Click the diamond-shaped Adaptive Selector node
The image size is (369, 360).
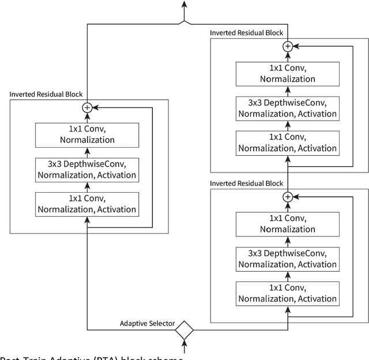point(184,330)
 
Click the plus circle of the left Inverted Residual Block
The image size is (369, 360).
point(88,107)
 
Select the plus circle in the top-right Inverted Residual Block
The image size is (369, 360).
point(287,46)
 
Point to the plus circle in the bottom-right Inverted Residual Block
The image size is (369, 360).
point(287,197)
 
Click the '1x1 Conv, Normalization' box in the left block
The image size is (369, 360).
point(88,134)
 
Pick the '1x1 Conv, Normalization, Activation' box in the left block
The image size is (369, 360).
point(88,204)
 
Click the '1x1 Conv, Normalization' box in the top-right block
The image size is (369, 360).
point(287,73)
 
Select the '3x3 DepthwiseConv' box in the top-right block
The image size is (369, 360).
point(287,108)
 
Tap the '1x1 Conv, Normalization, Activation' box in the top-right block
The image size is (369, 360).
point(287,142)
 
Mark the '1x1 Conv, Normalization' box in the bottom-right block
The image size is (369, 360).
point(287,224)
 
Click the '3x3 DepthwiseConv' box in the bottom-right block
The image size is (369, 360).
point(287,259)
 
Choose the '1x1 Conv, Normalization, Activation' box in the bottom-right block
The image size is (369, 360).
point(287,294)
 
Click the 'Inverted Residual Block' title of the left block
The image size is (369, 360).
point(46,94)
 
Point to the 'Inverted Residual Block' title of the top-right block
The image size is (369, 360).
point(246,32)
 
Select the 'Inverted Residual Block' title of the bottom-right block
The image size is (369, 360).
point(246,183)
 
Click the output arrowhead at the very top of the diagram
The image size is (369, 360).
point(184,5)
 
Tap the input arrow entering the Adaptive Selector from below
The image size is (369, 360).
point(184,346)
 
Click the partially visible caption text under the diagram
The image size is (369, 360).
point(92,357)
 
